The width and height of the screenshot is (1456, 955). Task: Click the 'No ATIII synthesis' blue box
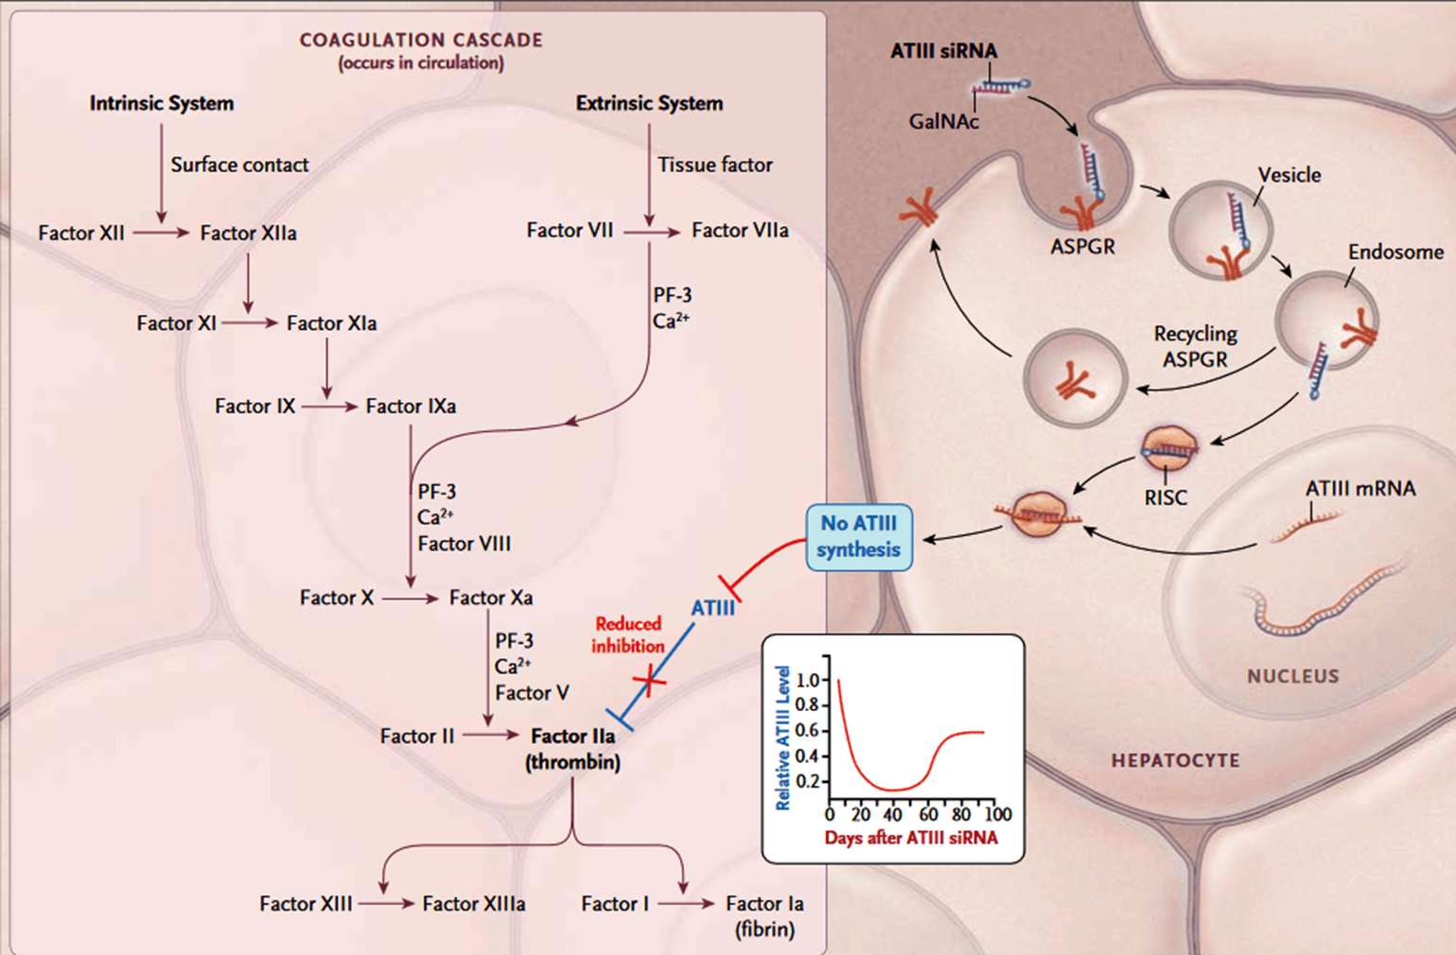click(859, 537)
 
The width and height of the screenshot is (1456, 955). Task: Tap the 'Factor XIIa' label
click(248, 233)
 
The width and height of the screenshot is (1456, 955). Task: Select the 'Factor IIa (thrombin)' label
click(573, 749)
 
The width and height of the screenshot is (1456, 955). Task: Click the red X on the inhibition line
click(649, 679)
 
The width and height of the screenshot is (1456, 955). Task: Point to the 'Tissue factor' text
click(714, 165)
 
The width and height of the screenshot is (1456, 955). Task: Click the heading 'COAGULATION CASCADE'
click(421, 40)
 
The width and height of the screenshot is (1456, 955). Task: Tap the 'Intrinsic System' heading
click(162, 103)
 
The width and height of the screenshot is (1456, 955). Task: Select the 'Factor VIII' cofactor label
click(465, 544)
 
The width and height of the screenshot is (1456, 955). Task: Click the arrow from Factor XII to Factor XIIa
click(161, 233)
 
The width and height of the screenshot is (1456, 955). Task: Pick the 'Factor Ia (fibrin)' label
click(764, 915)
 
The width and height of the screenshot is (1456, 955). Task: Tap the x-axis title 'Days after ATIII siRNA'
click(910, 838)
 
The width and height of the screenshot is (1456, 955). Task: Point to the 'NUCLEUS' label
click(1292, 676)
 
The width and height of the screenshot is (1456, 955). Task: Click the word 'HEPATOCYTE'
click(1175, 760)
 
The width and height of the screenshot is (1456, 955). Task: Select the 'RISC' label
click(1165, 497)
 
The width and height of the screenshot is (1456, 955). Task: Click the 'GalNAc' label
click(943, 121)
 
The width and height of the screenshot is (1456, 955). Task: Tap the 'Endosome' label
click(1395, 252)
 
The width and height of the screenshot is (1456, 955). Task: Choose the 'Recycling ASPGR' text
click(1195, 346)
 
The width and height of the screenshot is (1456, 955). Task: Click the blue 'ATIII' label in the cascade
click(712, 608)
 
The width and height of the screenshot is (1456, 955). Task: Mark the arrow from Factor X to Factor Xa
click(411, 599)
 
